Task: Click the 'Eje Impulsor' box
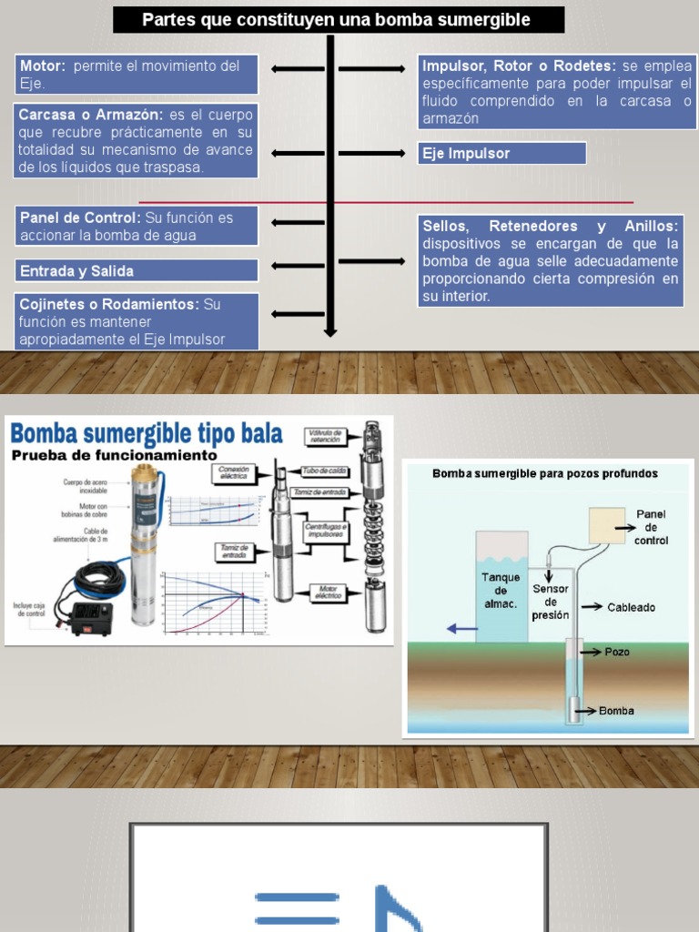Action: (501, 153)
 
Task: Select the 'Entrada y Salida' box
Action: (137, 270)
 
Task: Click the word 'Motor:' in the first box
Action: (43, 66)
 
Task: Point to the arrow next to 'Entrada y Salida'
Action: (298, 270)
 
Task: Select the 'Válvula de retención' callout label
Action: (325, 434)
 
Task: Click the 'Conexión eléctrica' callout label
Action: (233, 471)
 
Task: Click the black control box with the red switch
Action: (91, 616)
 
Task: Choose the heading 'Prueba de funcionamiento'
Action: (115, 454)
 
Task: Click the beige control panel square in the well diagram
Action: (606, 525)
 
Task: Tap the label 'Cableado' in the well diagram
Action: (632, 607)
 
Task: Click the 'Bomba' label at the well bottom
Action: (616, 711)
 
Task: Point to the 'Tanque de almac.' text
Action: (500, 590)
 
